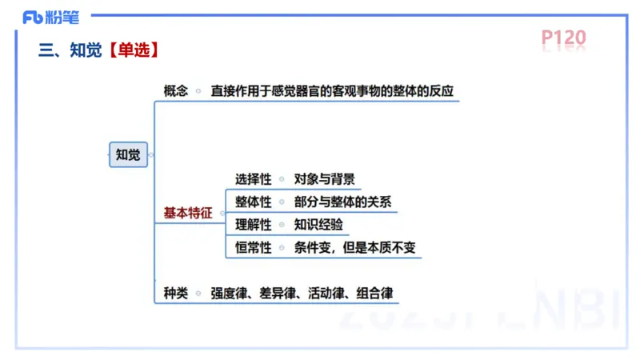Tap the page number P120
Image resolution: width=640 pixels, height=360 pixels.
pyautogui.click(x=563, y=38)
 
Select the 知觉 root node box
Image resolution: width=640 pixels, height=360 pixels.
pyautogui.click(x=128, y=154)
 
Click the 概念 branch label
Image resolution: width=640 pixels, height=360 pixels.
pyautogui.click(x=176, y=90)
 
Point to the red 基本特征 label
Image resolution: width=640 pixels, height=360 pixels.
pyautogui.click(x=188, y=213)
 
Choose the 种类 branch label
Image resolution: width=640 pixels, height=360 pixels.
pyautogui.click(x=176, y=293)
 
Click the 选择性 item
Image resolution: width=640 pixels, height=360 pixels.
pyautogui.click(x=254, y=178)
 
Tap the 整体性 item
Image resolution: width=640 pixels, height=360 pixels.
pyautogui.click(x=254, y=202)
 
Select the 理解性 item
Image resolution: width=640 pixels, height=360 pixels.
pyautogui.click(x=254, y=224)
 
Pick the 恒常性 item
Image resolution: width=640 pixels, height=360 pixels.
pyautogui.click(x=254, y=247)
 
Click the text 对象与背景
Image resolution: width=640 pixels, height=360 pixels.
pyautogui.click(x=325, y=178)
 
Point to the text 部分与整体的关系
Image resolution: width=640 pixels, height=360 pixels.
pyautogui.click(x=342, y=202)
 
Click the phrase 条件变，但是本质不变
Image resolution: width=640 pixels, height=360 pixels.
pyautogui.click(x=355, y=247)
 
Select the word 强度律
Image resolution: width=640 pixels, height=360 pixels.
pyautogui.click(x=229, y=293)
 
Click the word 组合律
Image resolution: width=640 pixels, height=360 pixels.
pyautogui.click(x=375, y=293)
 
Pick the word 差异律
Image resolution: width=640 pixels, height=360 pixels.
pyautogui.click(x=278, y=293)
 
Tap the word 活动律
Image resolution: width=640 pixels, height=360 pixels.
pyautogui.click(x=326, y=293)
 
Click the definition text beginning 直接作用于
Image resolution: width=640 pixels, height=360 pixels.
pyautogui.click(x=332, y=90)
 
